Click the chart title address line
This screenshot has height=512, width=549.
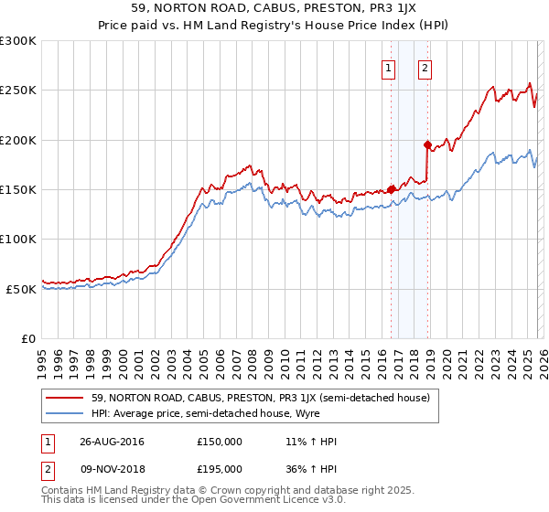coord(274,8)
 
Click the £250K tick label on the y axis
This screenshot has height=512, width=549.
coord(18,91)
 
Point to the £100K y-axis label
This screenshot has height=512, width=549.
coord(18,239)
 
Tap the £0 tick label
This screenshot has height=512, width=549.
coord(27,338)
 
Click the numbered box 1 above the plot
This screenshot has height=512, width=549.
coord(389,68)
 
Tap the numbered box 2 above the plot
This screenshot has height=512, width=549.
coord(425,68)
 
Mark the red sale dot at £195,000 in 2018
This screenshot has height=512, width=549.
coord(427,144)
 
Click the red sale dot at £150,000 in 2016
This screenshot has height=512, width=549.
coord(392,189)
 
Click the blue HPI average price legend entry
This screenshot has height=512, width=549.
coord(229,413)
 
